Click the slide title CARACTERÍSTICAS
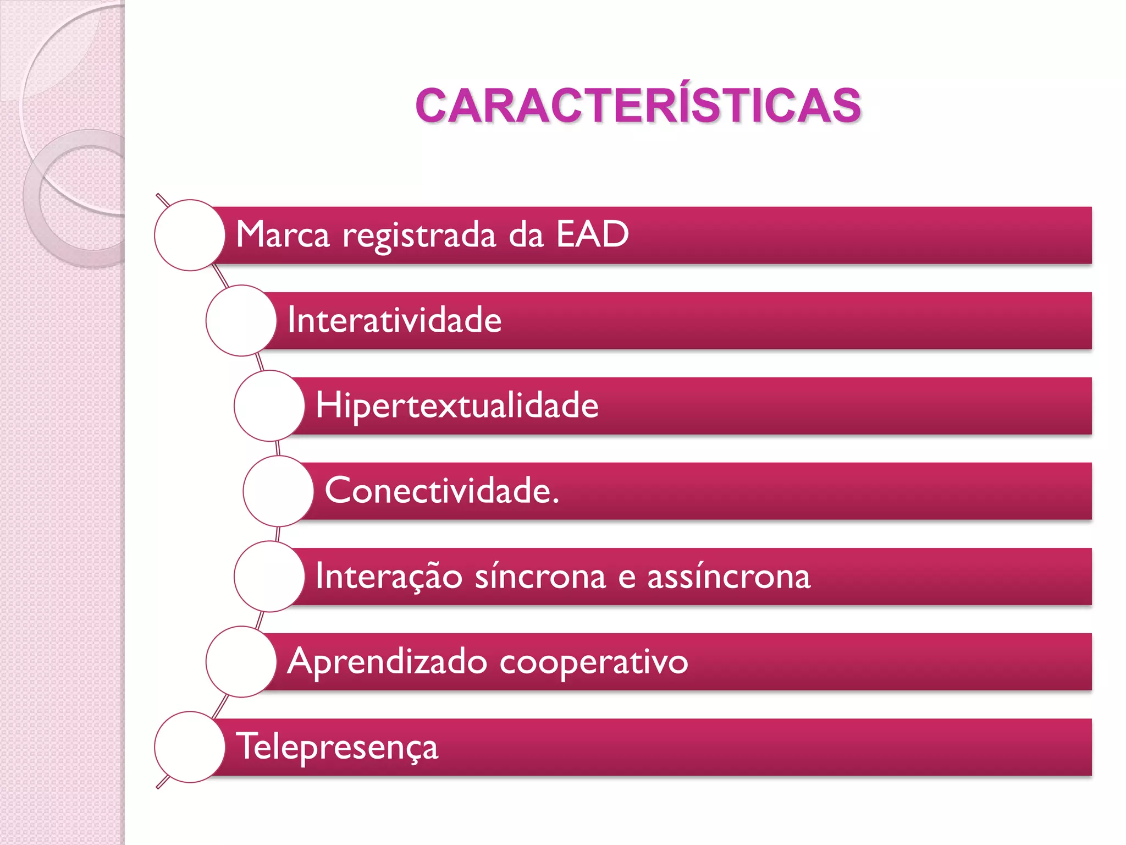(638, 106)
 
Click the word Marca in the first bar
(283, 235)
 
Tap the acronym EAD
(592, 235)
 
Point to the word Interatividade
(394, 320)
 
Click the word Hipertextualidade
(457, 405)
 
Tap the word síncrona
(540, 576)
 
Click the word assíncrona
(728, 576)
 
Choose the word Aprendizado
(387, 662)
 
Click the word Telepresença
(337, 747)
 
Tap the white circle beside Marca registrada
(190, 235)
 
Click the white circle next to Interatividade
(241, 320)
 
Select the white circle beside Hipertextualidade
(269, 405)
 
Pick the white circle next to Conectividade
(278, 491)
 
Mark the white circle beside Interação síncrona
(269, 576)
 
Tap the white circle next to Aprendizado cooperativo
(241, 661)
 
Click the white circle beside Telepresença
(190, 747)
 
